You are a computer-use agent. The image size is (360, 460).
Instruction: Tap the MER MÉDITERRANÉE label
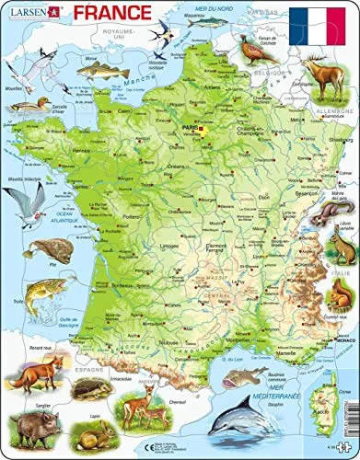pos(270,384)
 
